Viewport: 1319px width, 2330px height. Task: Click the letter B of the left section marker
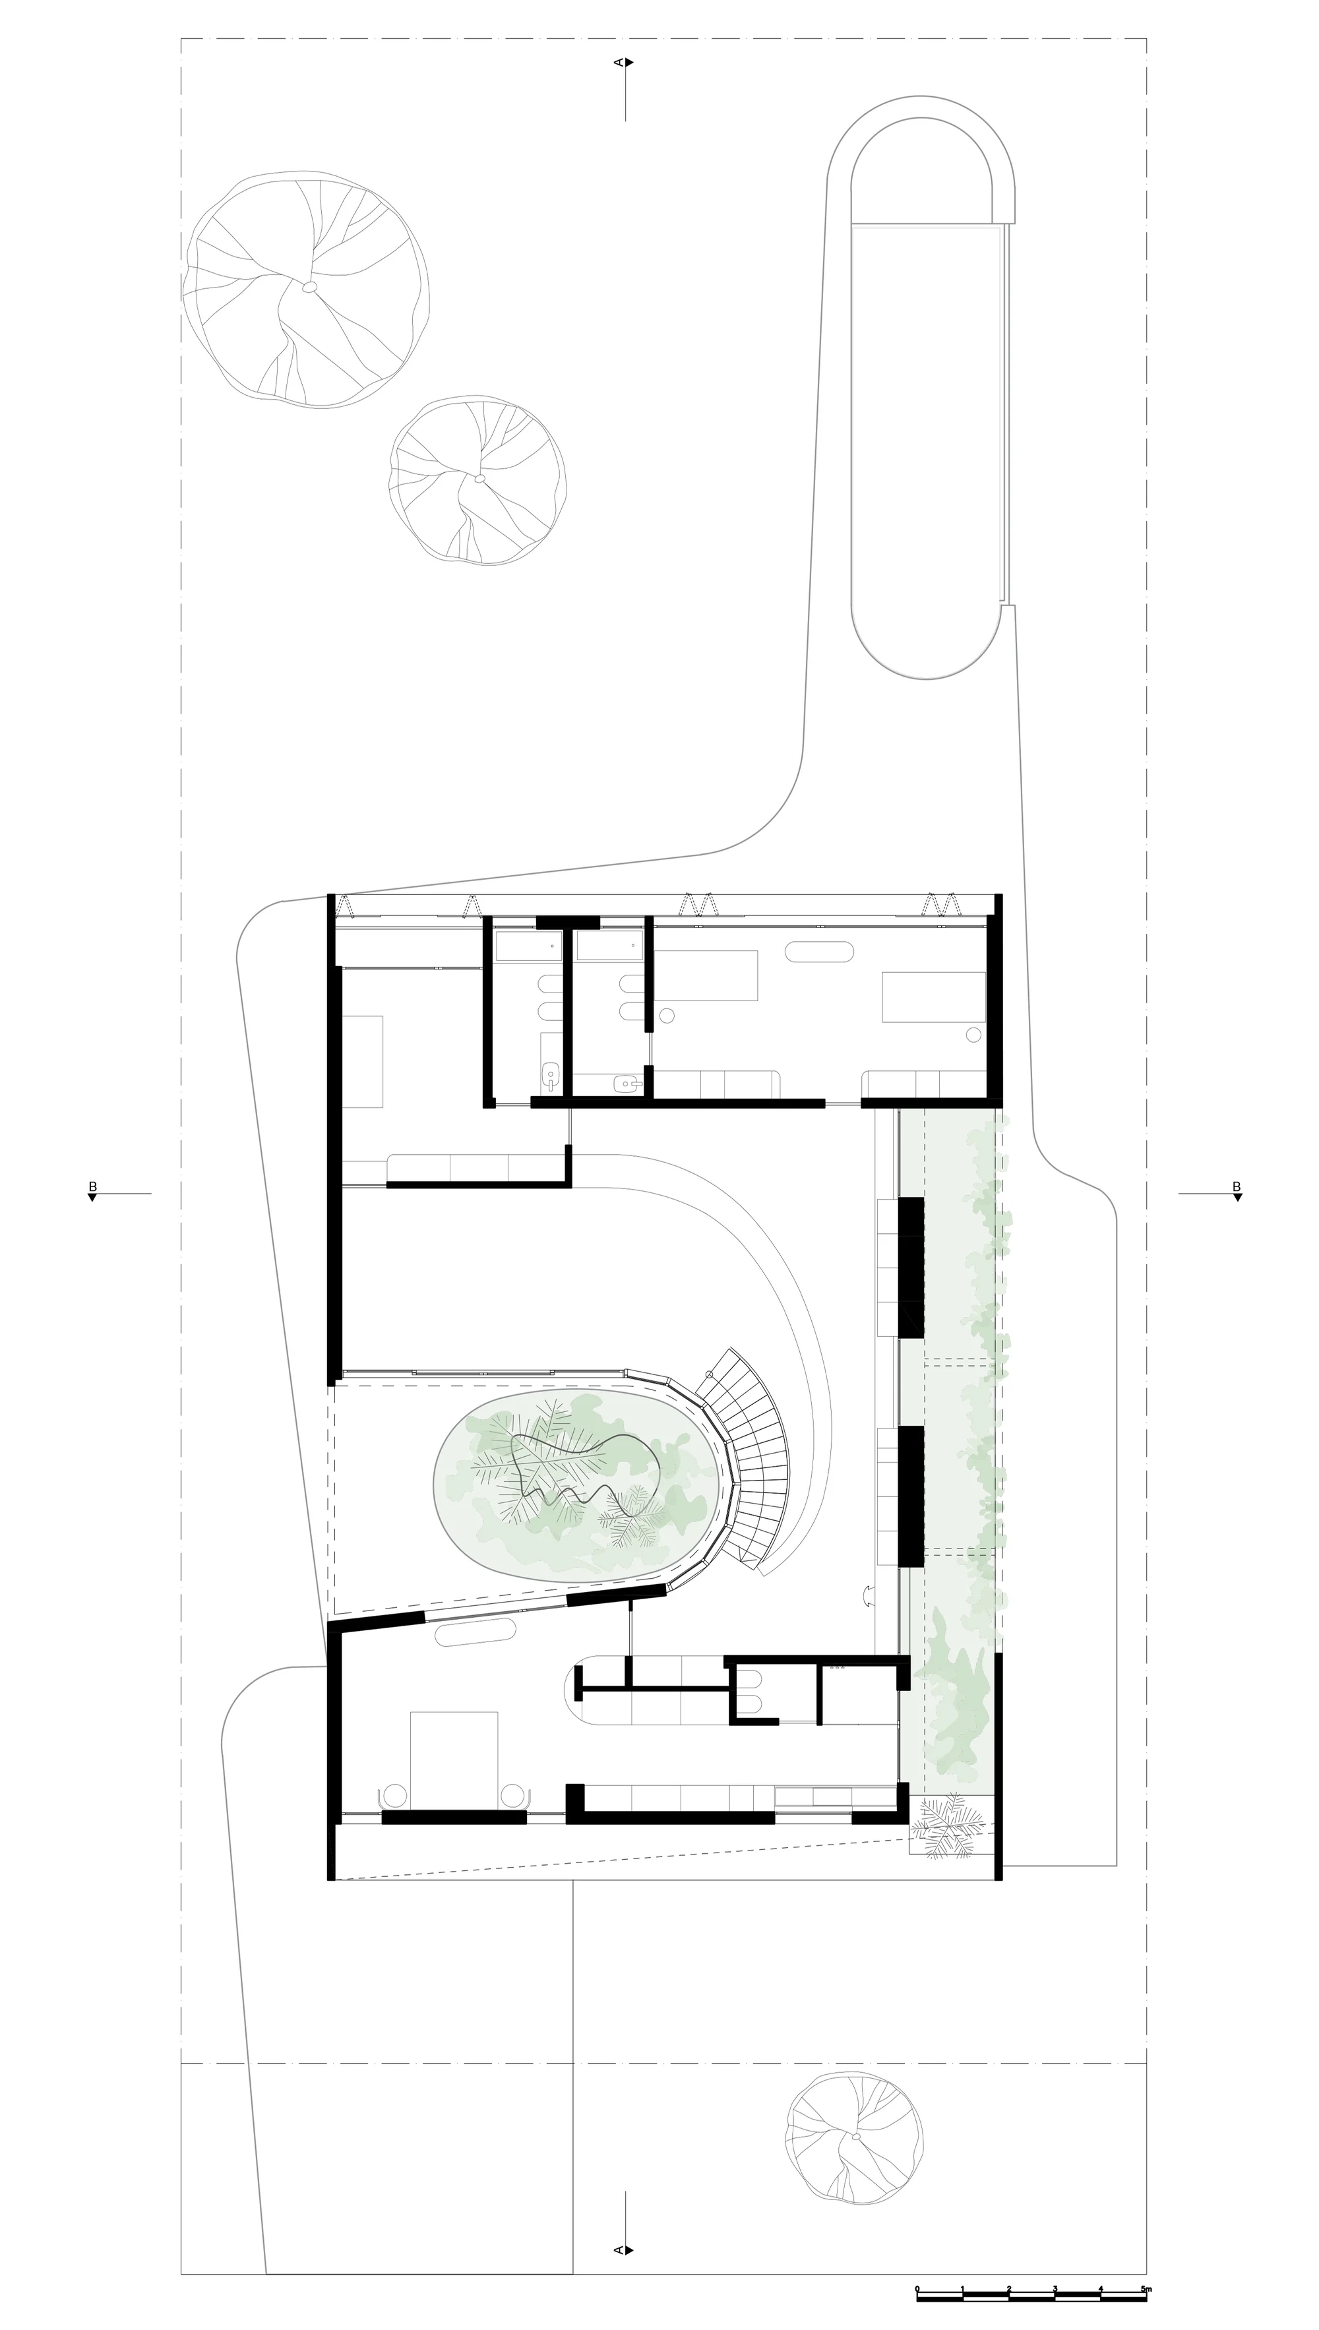click(x=92, y=1186)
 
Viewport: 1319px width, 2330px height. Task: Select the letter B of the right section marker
click(x=1237, y=1186)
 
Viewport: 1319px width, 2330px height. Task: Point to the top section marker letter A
click(x=619, y=63)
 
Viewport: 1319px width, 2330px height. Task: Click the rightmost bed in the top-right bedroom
click(x=934, y=997)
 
